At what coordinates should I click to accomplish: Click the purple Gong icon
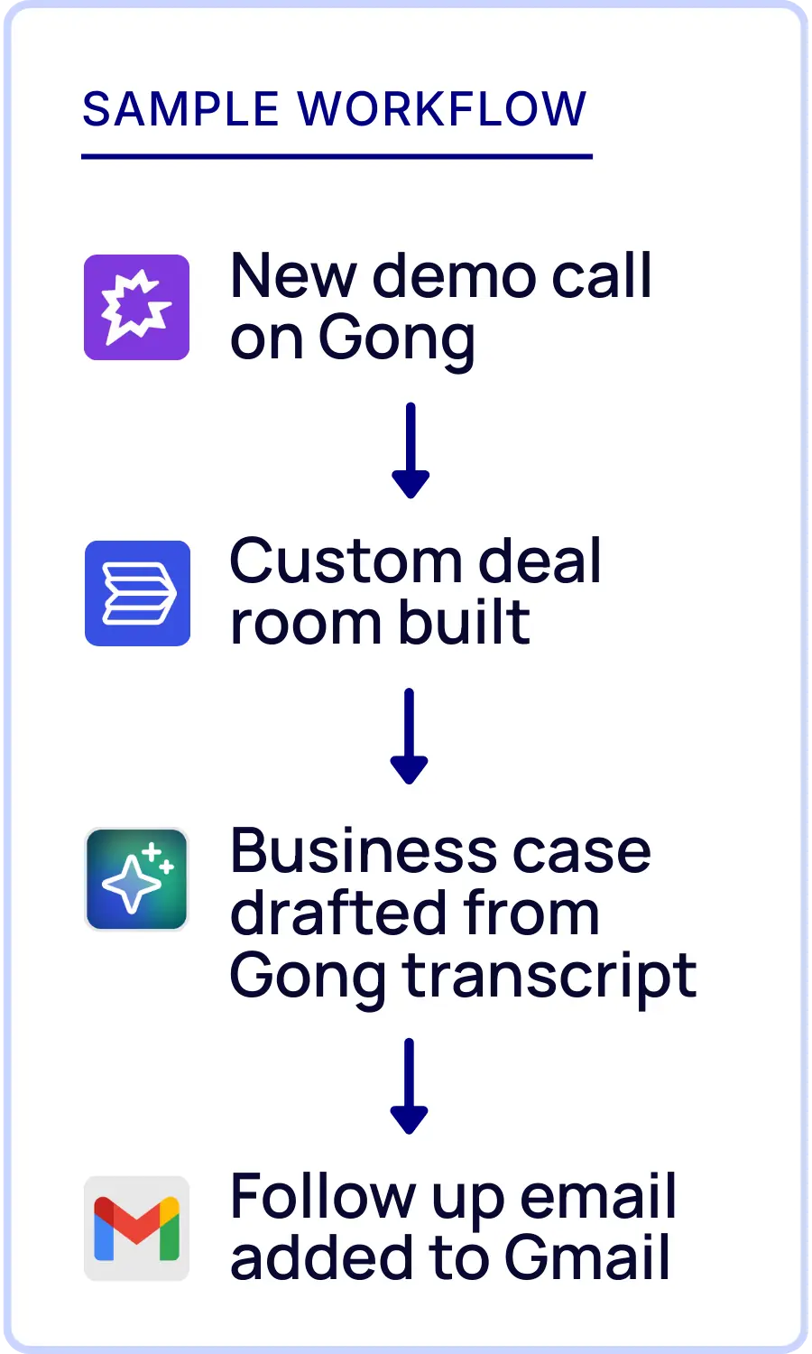tap(136, 307)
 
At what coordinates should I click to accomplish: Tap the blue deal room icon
tap(137, 593)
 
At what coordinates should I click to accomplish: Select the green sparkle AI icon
tap(136, 879)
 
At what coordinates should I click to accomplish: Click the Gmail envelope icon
tap(136, 1228)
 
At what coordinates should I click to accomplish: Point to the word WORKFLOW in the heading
tap(442, 109)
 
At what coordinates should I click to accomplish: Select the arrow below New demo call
tap(411, 450)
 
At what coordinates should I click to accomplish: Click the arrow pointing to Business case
tap(409, 736)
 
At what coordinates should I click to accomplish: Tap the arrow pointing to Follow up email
tap(409, 1085)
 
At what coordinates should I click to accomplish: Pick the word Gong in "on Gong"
tap(396, 340)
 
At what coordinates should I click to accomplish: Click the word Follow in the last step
tap(321, 1197)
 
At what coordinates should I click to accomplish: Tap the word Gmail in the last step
tap(587, 1258)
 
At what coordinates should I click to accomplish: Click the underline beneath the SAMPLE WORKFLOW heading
tap(337, 157)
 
